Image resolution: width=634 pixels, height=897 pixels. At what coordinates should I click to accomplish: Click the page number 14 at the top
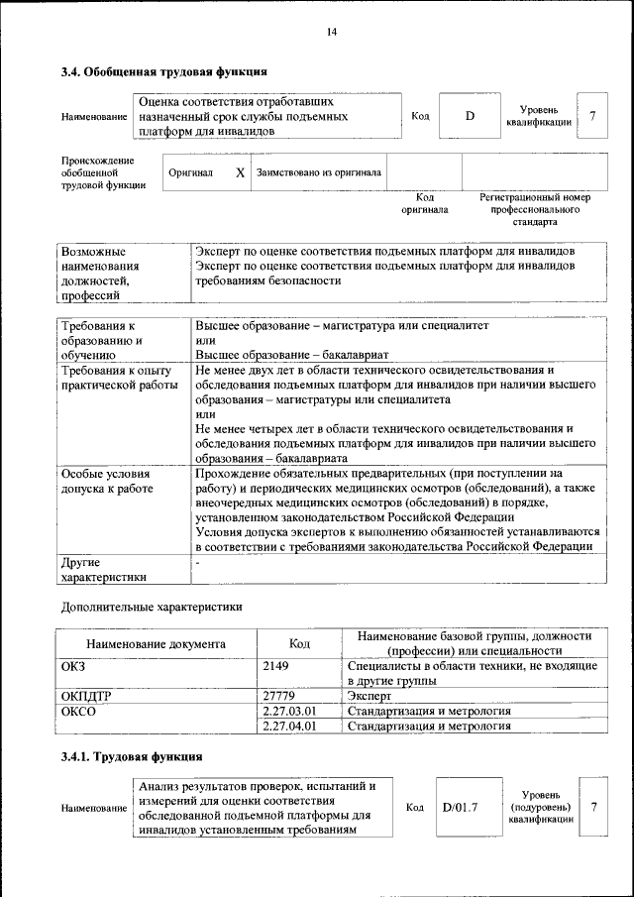pyautogui.click(x=332, y=33)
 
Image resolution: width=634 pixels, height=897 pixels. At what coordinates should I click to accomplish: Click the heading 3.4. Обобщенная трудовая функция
pyautogui.click(x=163, y=71)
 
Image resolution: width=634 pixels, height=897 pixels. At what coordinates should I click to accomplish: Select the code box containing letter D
pyautogui.click(x=470, y=116)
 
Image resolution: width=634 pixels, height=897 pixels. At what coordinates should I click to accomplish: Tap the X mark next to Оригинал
pyautogui.click(x=240, y=171)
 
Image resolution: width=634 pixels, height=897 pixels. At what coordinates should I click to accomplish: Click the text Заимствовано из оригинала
pyautogui.click(x=319, y=171)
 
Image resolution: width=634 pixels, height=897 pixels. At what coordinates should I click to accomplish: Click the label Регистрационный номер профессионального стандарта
pyautogui.click(x=535, y=209)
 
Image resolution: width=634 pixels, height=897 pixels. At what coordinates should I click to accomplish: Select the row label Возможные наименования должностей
pyautogui.click(x=100, y=273)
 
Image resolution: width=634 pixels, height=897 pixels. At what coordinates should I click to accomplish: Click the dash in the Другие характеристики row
pyautogui.click(x=198, y=562)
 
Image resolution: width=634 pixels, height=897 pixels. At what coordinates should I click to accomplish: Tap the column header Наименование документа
pyautogui.click(x=156, y=643)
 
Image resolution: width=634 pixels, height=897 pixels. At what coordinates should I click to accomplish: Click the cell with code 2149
pyautogui.click(x=275, y=666)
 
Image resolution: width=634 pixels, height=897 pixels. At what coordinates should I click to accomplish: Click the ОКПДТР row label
pyautogui.click(x=86, y=697)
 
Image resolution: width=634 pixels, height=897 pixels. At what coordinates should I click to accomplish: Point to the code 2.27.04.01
pyautogui.click(x=289, y=726)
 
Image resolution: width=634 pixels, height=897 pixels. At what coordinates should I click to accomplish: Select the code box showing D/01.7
pyautogui.click(x=460, y=807)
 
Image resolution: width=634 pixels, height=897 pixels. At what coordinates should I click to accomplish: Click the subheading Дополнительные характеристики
pyautogui.click(x=152, y=605)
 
